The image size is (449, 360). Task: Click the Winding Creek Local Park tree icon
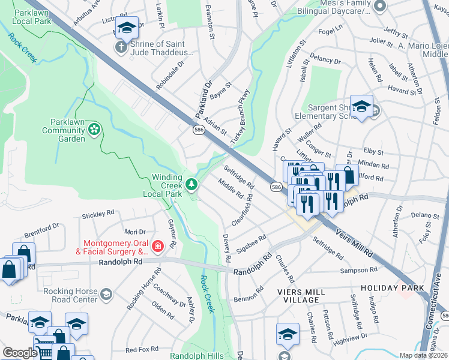tap(191, 184)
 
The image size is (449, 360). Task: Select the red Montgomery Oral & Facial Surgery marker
tap(157, 246)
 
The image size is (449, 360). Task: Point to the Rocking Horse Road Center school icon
tap(106, 293)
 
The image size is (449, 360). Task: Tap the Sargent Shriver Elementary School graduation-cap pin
tap(361, 107)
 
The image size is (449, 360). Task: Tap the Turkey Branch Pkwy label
tap(238, 119)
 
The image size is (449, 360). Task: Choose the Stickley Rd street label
tap(98, 214)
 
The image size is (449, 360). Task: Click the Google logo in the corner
tap(19, 353)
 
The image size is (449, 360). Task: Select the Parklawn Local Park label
tap(25, 16)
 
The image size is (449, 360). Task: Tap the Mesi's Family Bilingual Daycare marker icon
tap(379, 6)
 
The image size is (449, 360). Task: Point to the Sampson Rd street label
tap(358, 271)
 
